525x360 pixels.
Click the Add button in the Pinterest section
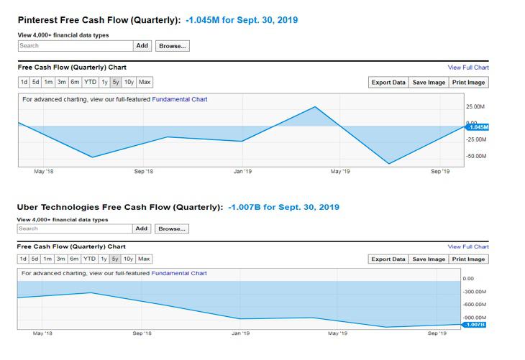[x=142, y=45]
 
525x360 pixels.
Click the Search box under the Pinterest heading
[x=76, y=45]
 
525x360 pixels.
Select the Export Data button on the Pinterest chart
[x=388, y=82]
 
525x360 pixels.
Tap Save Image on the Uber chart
[x=429, y=259]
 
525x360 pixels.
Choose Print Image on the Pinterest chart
[x=468, y=82]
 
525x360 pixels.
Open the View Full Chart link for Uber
[x=468, y=246]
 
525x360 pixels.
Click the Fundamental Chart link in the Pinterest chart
[x=180, y=99]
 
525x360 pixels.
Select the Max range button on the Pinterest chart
[x=145, y=82]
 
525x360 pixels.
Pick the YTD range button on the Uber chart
[x=89, y=259]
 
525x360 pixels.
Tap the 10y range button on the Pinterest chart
[x=129, y=82]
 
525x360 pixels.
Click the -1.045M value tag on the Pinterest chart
[x=477, y=127]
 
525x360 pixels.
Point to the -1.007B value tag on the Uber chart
[x=475, y=325]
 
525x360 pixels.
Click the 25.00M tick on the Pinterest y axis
[x=476, y=106]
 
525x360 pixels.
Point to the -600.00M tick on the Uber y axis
[x=475, y=305]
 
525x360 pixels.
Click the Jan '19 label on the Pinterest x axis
[x=242, y=172]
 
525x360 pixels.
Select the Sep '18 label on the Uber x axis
[x=142, y=333]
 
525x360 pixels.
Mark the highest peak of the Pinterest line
[x=315, y=107]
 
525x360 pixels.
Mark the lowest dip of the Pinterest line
[x=390, y=164]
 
